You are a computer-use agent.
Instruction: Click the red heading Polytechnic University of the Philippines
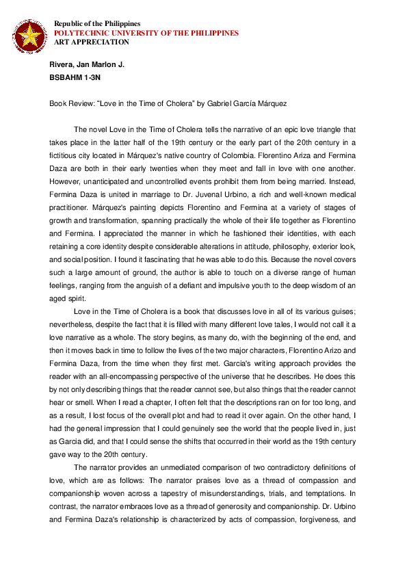coord(146,33)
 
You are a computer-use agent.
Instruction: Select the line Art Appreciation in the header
coord(92,42)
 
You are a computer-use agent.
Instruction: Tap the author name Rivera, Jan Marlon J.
coord(87,64)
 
